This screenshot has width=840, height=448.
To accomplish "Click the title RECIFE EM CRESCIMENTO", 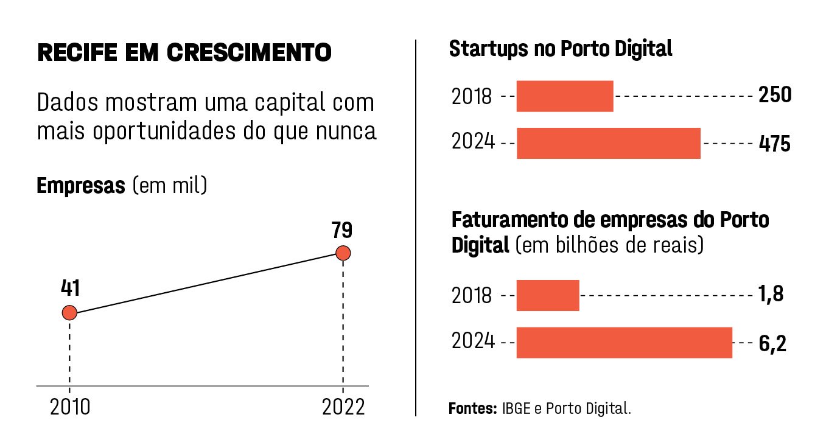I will pyautogui.click(x=184, y=53).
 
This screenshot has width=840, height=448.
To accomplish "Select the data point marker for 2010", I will pyautogui.click(x=69, y=313).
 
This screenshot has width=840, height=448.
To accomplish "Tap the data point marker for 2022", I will pyautogui.click(x=343, y=253).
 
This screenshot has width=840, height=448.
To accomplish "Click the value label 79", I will pyautogui.click(x=342, y=231).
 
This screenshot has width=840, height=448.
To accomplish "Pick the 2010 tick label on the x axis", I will pyautogui.click(x=70, y=407).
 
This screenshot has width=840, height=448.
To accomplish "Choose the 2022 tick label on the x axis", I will pyautogui.click(x=343, y=407).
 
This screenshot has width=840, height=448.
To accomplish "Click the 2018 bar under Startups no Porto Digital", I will pyautogui.click(x=564, y=96).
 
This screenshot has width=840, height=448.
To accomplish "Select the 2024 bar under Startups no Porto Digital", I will pyautogui.click(x=608, y=144).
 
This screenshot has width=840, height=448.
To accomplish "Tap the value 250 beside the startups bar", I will pyautogui.click(x=775, y=96).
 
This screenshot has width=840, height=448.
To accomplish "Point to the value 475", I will pyautogui.click(x=775, y=144).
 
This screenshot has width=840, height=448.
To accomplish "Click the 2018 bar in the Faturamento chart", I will pyautogui.click(x=547, y=295).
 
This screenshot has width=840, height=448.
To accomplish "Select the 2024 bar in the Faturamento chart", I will pyautogui.click(x=624, y=342).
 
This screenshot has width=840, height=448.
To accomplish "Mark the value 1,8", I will pyautogui.click(x=771, y=295).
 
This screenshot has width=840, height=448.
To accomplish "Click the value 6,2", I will pyautogui.click(x=772, y=344).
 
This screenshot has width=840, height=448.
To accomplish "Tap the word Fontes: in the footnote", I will pyautogui.click(x=473, y=408).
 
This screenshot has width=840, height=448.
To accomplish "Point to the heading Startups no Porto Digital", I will pyautogui.click(x=561, y=49).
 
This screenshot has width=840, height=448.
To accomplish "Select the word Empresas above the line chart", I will pyautogui.click(x=80, y=186).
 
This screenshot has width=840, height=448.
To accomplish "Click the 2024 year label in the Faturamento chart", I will pyautogui.click(x=473, y=342).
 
